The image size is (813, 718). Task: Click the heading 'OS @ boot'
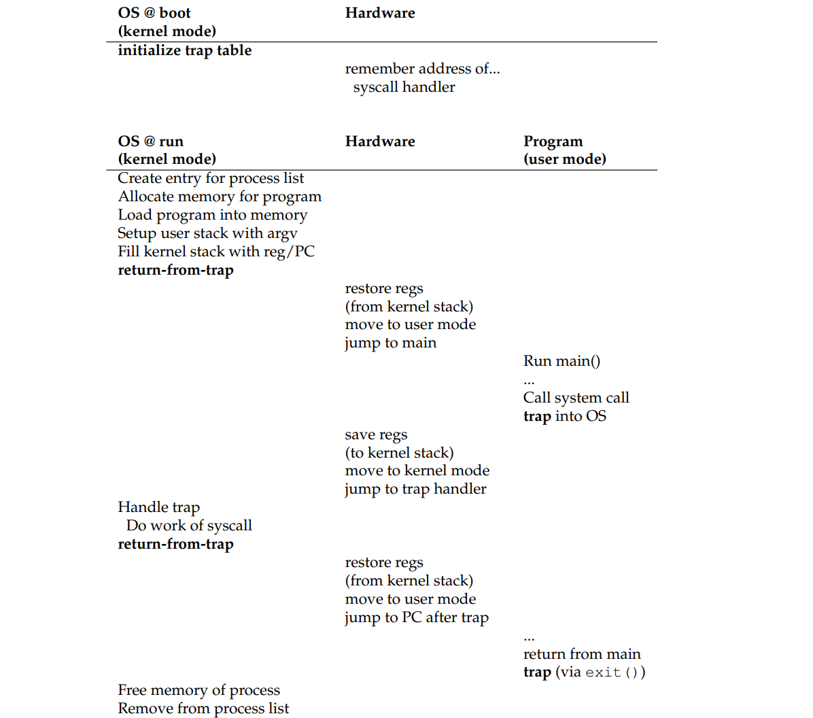click(x=154, y=13)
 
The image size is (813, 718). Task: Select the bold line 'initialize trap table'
click(x=184, y=50)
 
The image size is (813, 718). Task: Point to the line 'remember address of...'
click(x=421, y=69)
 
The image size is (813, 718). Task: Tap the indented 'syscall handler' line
click(x=404, y=87)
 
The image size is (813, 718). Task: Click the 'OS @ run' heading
click(x=150, y=141)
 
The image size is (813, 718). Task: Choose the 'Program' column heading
click(x=553, y=141)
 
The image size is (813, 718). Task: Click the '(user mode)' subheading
click(x=564, y=159)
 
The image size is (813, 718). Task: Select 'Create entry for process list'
click(x=211, y=178)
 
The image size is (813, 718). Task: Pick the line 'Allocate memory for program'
click(x=220, y=196)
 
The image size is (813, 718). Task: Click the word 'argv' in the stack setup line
click(x=281, y=234)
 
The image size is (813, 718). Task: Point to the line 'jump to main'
click(x=390, y=343)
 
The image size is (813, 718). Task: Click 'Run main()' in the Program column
click(x=561, y=361)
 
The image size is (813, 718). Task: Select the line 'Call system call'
click(x=576, y=398)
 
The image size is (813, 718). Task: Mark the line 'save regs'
click(x=376, y=434)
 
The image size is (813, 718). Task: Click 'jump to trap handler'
click(x=415, y=489)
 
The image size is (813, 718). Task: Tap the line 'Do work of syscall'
click(x=189, y=526)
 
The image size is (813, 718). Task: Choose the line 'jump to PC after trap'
click(x=416, y=617)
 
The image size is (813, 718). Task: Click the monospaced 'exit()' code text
click(x=611, y=672)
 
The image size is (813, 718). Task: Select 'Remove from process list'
click(x=203, y=708)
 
